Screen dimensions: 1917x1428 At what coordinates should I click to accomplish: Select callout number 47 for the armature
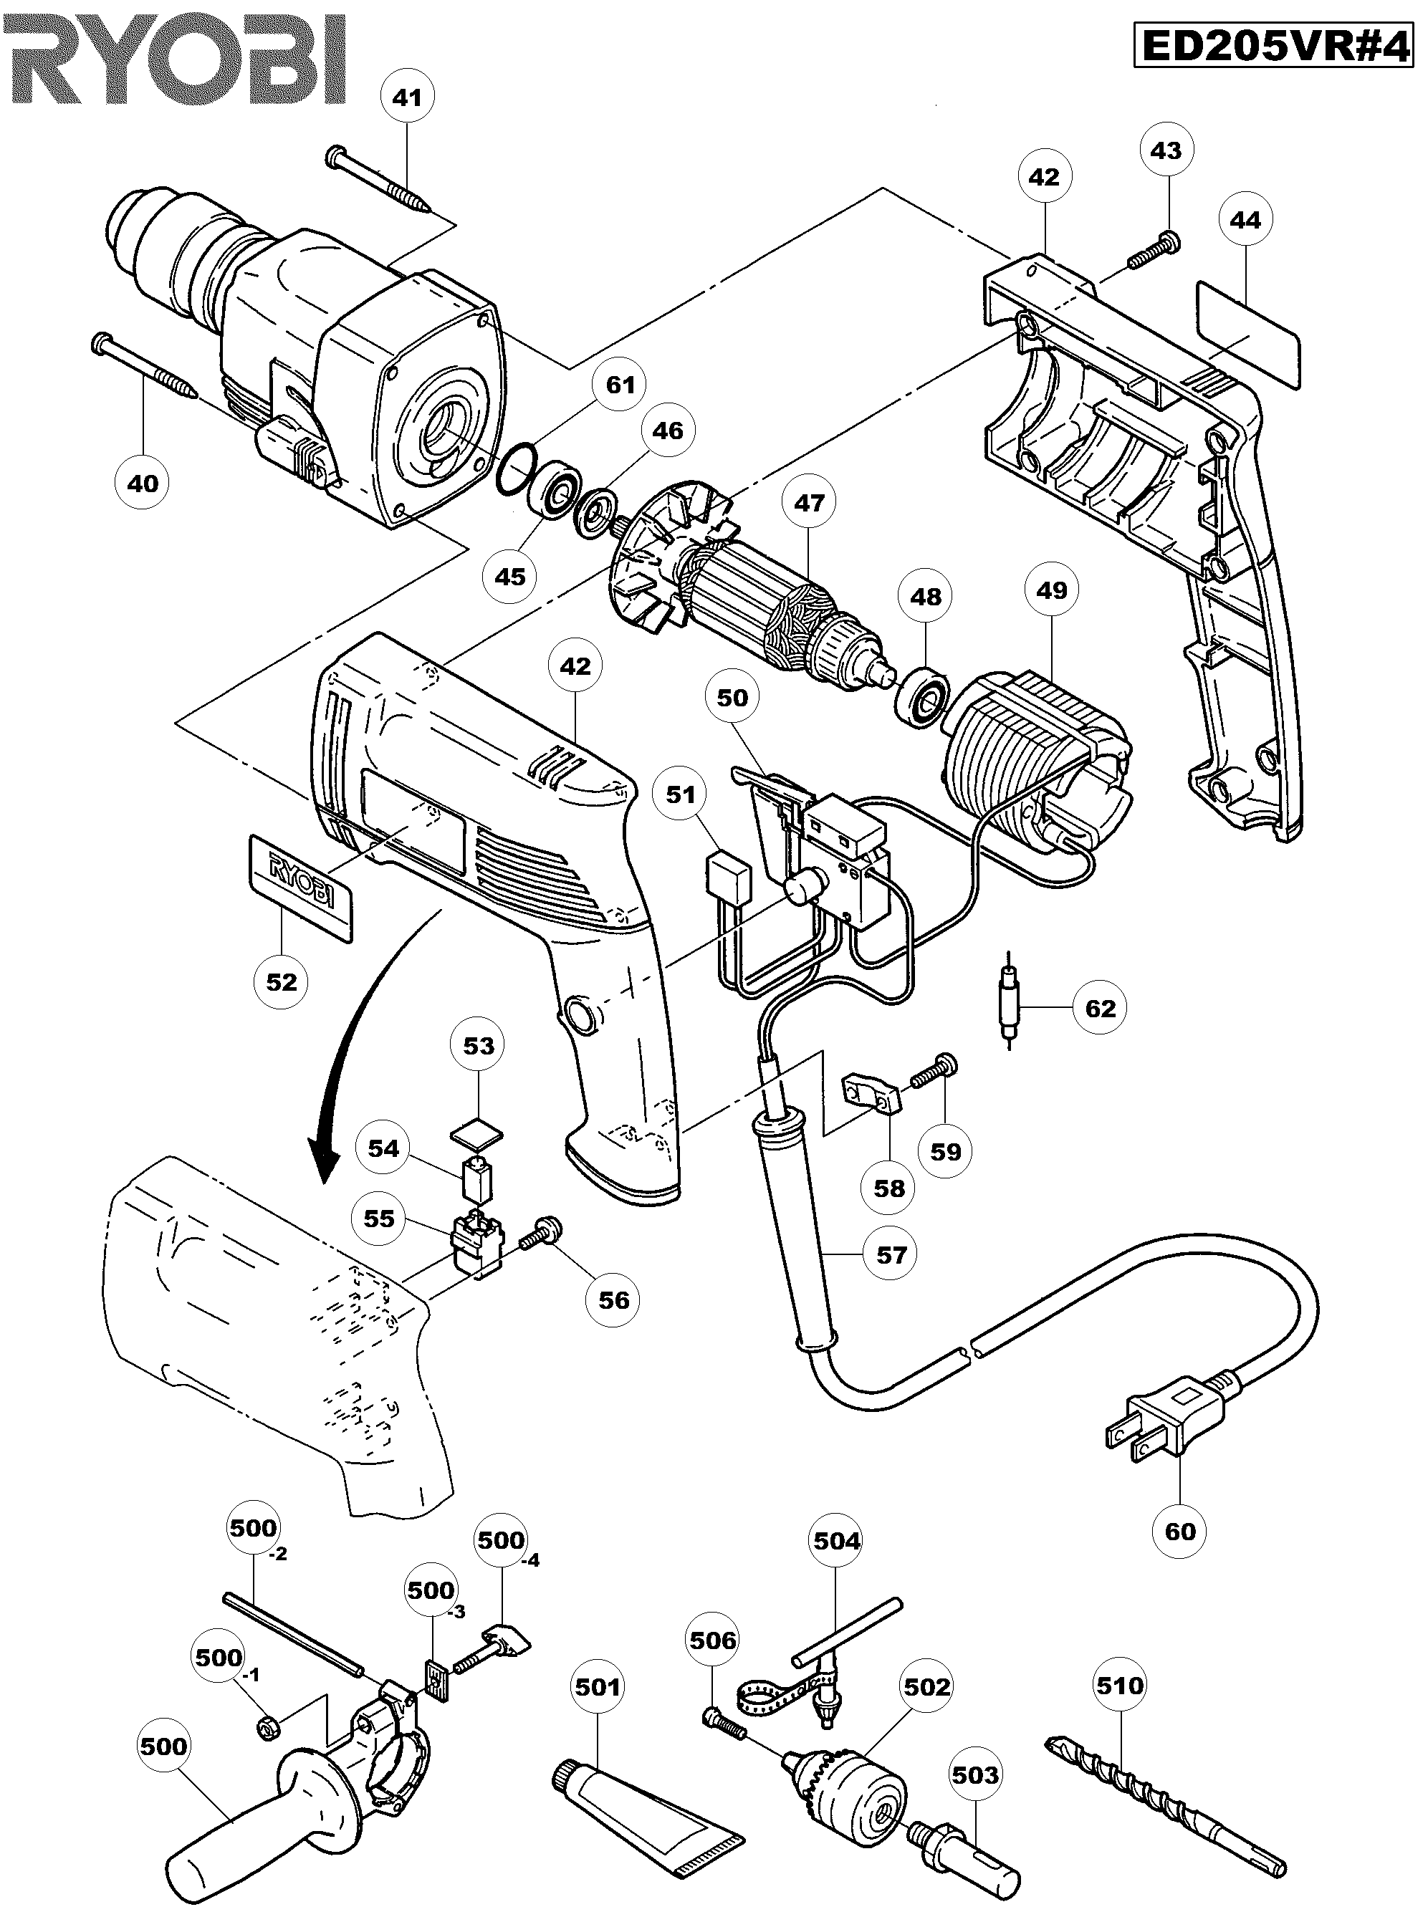pyautogui.click(x=809, y=502)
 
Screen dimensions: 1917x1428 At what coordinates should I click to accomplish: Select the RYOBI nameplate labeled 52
pyautogui.click(x=301, y=887)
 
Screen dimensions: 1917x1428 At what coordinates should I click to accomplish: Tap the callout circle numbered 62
pyautogui.click(x=1101, y=1008)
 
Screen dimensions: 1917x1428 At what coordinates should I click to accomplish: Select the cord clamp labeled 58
pyautogui.click(x=871, y=1092)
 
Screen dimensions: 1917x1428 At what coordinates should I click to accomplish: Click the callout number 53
pyautogui.click(x=479, y=1045)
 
